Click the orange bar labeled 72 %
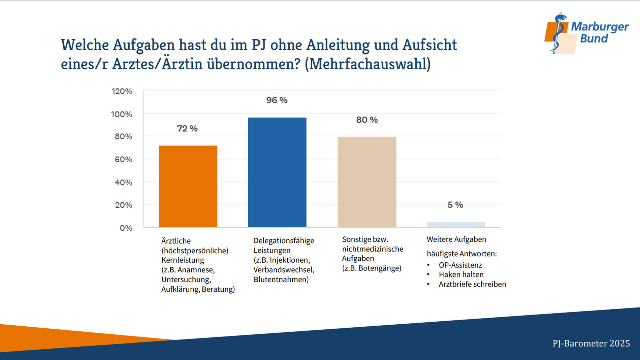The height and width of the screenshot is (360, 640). [x=188, y=186]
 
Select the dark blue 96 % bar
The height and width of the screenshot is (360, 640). [x=277, y=172]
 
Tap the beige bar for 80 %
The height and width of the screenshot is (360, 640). [x=367, y=182]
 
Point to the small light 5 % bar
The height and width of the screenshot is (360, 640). [x=456, y=224]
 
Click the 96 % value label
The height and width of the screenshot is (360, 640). [x=277, y=100]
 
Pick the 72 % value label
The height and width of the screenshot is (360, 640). [x=187, y=128]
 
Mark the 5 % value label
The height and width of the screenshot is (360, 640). [x=455, y=205]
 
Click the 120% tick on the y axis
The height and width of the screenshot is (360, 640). [x=122, y=91]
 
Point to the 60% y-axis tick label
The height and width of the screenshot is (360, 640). [x=123, y=159]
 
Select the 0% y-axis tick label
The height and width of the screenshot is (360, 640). [x=126, y=228]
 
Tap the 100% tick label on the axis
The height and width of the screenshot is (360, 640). [x=122, y=114]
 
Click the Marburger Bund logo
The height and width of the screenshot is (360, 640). [x=586, y=33]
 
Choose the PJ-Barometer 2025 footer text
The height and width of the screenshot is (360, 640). [x=591, y=343]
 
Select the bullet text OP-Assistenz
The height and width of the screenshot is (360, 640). [x=460, y=265]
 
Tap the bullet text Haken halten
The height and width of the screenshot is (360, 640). [x=461, y=274]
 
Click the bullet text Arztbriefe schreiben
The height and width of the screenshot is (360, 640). [x=472, y=284]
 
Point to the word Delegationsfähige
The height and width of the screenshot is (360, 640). [x=284, y=240]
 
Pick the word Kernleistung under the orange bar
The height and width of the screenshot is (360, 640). [x=183, y=260]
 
